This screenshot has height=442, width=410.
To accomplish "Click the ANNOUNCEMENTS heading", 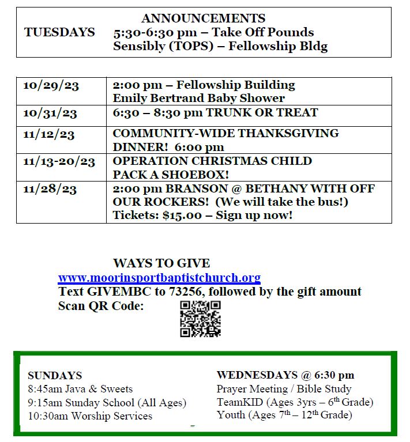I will point(203,18).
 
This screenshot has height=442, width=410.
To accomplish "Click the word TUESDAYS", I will point(59,32).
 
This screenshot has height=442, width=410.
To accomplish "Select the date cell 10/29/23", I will point(51,85).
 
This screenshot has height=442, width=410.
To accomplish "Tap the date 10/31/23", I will point(51,113).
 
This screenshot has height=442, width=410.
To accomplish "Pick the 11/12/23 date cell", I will point(49,134).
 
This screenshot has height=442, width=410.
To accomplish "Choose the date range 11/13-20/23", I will point(59,161).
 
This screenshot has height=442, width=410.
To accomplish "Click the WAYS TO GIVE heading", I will point(161,263).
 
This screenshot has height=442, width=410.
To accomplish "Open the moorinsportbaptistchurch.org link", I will point(159,278).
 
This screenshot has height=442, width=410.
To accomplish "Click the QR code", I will point(200,318).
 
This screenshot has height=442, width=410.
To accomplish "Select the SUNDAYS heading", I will point(55,376).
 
